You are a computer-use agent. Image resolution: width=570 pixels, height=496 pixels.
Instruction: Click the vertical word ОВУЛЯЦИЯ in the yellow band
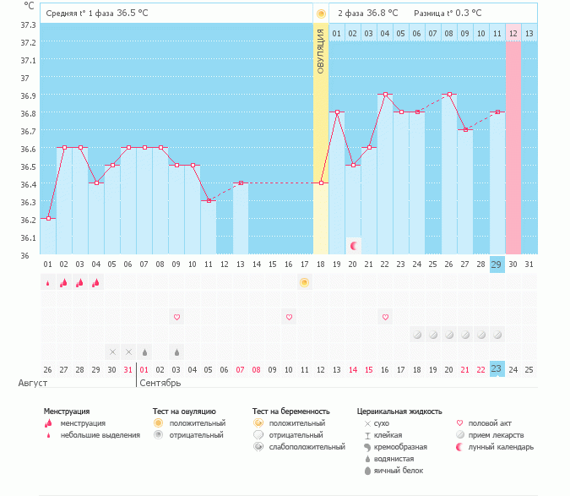tap(321, 51)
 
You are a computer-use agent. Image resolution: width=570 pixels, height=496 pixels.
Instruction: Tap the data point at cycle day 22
tap(385, 95)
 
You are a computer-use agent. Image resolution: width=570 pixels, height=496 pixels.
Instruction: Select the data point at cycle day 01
tap(48, 218)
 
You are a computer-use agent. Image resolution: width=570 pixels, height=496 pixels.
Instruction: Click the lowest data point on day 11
tap(209, 200)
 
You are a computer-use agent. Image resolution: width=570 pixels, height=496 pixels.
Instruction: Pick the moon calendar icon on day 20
tap(354, 245)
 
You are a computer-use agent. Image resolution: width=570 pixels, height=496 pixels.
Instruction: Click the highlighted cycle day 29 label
tap(497, 264)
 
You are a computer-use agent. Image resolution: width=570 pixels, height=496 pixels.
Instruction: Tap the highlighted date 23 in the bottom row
tap(497, 369)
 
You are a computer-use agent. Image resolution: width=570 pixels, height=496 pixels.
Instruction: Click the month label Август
tap(33, 384)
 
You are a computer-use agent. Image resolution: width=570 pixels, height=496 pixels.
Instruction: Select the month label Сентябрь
tap(160, 384)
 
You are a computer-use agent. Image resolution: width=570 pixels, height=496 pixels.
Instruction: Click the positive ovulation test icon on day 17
tap(305, 282)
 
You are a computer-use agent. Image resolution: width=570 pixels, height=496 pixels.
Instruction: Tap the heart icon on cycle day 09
tap(176, 317)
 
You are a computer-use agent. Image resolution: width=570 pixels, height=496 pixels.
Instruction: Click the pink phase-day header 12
tap(513, 33)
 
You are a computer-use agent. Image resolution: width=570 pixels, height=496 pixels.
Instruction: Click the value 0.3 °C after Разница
tap(466, 14)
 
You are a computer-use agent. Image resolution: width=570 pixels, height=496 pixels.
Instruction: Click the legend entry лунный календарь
tap(496, 446)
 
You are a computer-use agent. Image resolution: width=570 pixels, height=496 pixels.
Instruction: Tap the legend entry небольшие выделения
tap(104, 434)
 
